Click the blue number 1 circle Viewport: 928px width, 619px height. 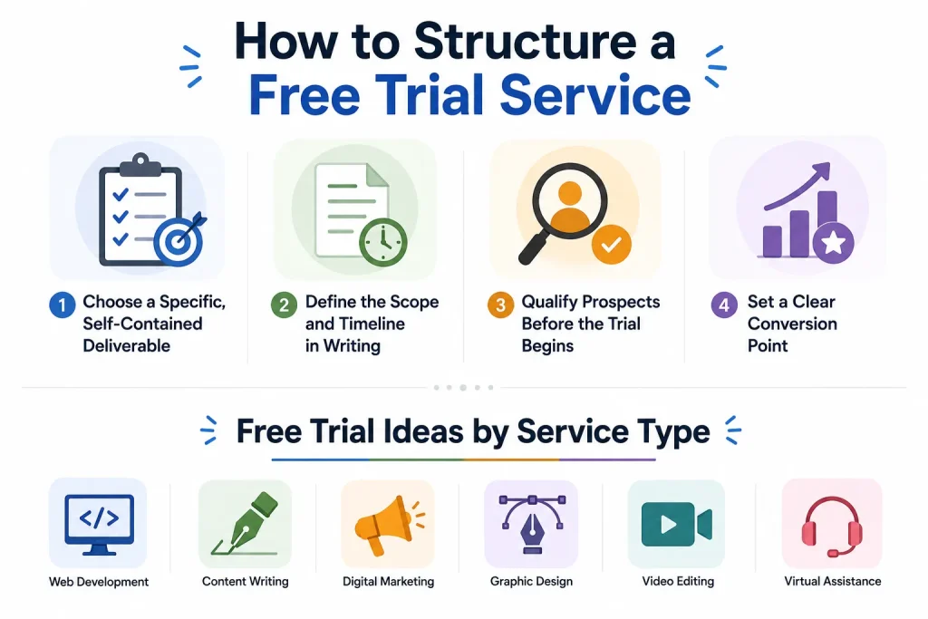pos(63,305)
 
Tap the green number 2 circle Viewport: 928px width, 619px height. pos(284,305)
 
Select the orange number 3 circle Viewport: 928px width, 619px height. pos(500,305)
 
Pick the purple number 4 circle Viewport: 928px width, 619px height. pos(724,305)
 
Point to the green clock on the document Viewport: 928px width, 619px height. pos(383,242)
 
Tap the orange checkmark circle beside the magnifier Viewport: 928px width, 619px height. pos(612,244)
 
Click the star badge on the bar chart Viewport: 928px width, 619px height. pos(834,243)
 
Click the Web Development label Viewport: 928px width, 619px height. pos(99,582)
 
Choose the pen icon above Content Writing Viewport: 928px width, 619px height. pos(245,524)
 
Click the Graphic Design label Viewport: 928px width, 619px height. pos(531,581)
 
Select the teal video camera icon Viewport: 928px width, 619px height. pos(676,525)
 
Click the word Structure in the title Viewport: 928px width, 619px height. pos(525,42)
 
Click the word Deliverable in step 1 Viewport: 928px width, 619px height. pos(127,345)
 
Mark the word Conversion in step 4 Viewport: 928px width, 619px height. pos(792,324)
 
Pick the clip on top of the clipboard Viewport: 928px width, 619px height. pos(140,165)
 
